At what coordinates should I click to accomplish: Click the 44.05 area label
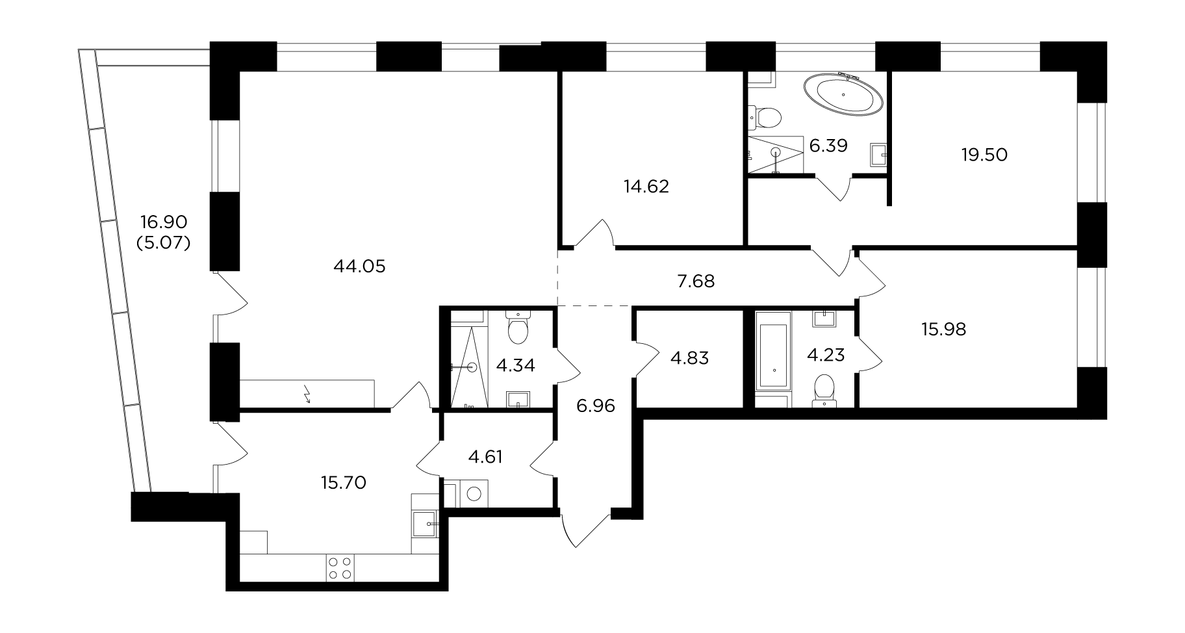click(359, 266)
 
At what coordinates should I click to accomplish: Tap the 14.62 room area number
click(646, 187)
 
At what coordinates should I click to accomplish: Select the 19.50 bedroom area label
click(984, 155)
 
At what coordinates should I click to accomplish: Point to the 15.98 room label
click(943, 329)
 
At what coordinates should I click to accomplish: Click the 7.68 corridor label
click(696, 281)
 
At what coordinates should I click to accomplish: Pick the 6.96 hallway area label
click(596, 407)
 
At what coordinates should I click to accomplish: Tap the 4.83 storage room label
click(689, 357)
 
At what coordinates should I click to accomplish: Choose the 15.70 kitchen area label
click(343, 482)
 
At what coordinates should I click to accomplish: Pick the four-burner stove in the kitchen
click(340, 567)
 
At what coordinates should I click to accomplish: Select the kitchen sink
click(426, 522)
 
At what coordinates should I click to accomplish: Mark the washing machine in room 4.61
click(474, 493)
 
